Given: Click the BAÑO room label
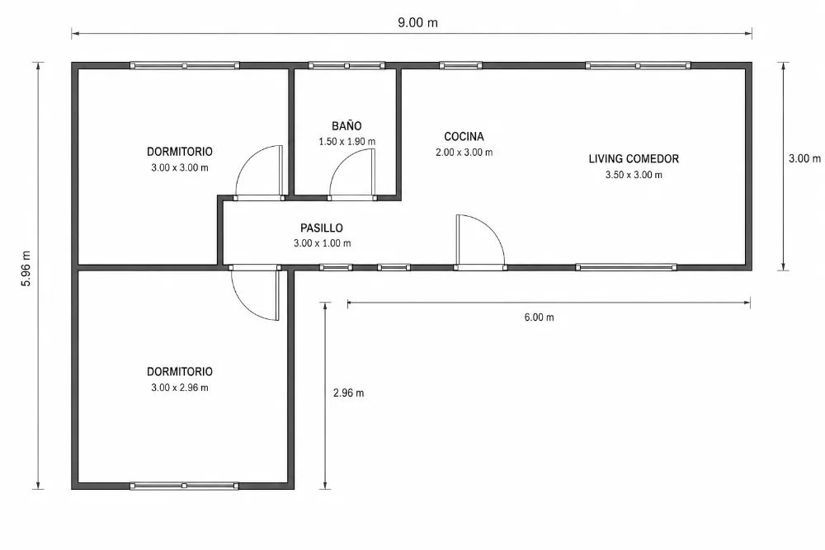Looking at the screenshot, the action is coord(346,125).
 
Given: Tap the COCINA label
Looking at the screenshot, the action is coord(464,137).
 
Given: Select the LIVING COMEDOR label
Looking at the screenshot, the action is coord(634,159).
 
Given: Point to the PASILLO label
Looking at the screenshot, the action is coord(322,228).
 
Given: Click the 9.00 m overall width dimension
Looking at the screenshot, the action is coord(417,22).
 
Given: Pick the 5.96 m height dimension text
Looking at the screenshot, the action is coord(26,268).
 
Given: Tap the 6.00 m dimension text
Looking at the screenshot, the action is coord(539,317).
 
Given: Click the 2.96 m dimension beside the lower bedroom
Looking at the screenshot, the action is coord(348,393).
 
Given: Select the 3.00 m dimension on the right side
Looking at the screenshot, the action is coord(804,159).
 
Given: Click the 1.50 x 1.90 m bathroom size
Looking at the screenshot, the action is coord(346,142).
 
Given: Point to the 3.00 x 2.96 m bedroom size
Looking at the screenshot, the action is coord(179,388).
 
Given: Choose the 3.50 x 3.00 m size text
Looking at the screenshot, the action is coord(634,175).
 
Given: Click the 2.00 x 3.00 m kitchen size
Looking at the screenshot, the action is coord(464,153).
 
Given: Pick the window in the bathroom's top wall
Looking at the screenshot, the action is coord(346,66).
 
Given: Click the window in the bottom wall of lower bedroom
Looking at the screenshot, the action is coord(184,486).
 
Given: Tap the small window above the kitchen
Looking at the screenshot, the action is coord(460,66).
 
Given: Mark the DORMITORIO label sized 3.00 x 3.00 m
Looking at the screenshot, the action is coord(179,152).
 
